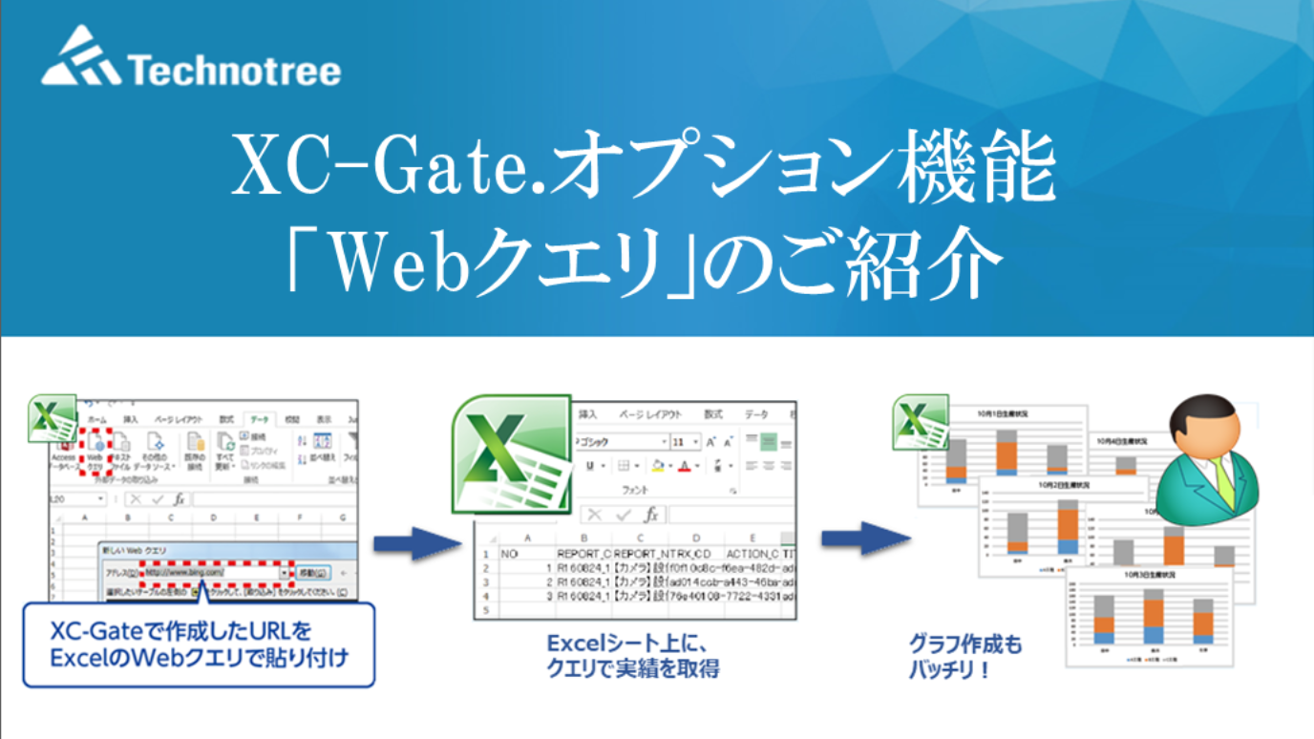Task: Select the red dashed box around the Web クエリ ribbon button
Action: point(95,452)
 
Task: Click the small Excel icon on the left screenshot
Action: point(51,418)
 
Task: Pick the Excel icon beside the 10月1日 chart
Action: point(920,421)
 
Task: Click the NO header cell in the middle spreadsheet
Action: point(509,553)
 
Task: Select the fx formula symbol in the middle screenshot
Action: point(652,515)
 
